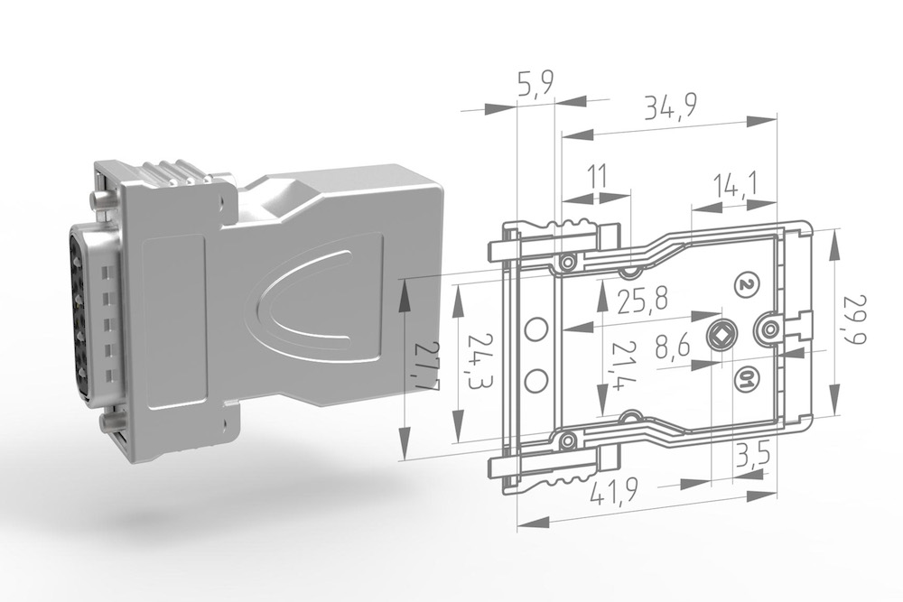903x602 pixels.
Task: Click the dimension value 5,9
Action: [535, 88]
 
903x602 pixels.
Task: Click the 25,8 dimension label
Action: [641, 299]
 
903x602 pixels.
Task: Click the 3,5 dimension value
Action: [751, 455]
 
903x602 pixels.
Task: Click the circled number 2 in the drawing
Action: [746, 284]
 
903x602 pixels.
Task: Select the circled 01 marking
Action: [746, 379]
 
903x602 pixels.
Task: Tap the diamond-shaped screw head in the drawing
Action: [723, 337]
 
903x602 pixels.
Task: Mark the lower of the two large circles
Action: [535, 380]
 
